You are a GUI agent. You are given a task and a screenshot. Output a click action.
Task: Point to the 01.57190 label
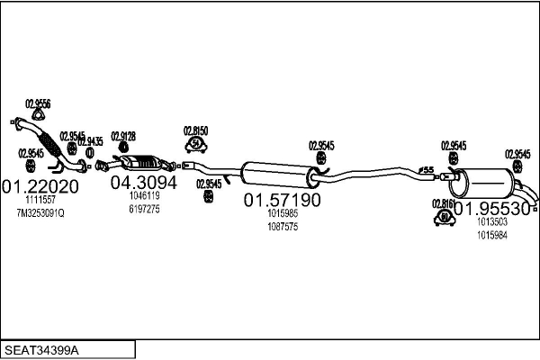click(283, 200)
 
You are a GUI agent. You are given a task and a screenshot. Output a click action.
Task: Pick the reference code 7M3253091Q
click(40, 212)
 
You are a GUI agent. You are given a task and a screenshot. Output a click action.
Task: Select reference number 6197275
click(144, 209)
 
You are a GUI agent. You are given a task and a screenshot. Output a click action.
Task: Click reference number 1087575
click(283, 226)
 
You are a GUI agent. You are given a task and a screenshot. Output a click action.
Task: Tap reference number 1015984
click(491, 234)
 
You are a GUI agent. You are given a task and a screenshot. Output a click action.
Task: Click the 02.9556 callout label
click(38, 103)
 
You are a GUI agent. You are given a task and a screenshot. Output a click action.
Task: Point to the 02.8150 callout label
click(196, 130)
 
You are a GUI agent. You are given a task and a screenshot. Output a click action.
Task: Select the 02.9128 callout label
click(123, 136)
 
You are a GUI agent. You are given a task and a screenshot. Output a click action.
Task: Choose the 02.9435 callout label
click(90, 141)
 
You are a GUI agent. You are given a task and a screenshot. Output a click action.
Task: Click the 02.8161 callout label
click(444, 203)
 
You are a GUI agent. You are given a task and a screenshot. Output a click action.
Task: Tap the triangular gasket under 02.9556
click(37, 114)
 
